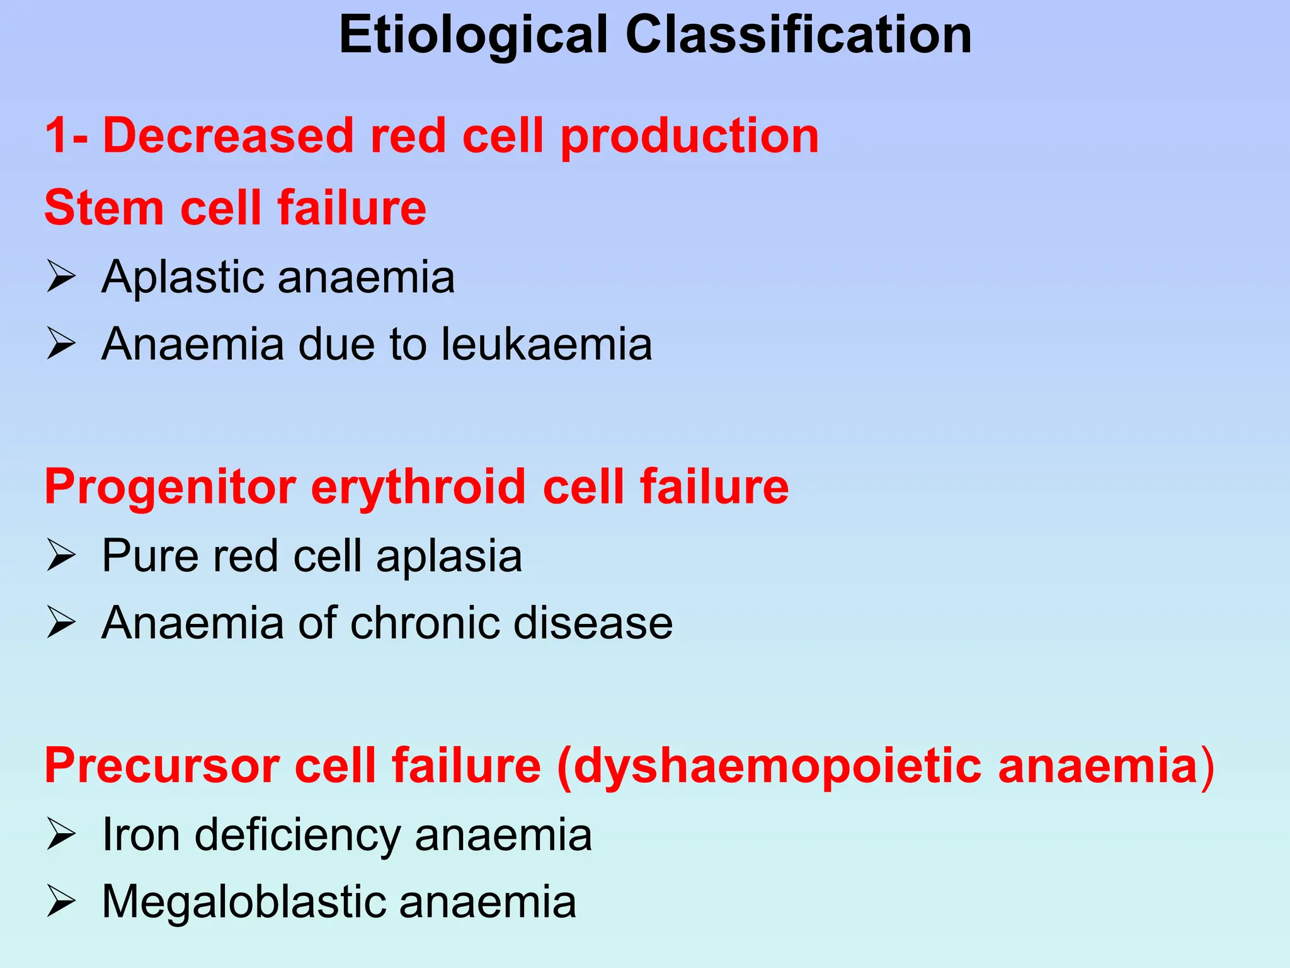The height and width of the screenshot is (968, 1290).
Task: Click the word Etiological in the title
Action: (473, 36)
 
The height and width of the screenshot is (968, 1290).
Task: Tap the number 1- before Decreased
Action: (66, 135)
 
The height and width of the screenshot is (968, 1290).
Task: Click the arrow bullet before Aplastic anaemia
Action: (61, 277)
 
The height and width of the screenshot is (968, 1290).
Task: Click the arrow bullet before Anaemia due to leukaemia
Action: (61, 344)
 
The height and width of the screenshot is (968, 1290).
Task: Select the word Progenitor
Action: (170, 488)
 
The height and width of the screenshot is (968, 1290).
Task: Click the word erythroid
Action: (418, 488)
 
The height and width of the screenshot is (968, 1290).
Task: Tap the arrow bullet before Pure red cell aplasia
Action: (61, 556)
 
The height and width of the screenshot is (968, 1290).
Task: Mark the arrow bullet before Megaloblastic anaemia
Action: (61, 902)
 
